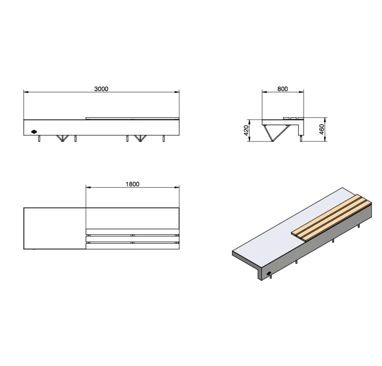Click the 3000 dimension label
tap(101, 89)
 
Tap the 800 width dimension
tap(283, 89)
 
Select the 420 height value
tap(246, 131)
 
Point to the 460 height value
tap(321, 129)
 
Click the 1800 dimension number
tap(132, 184)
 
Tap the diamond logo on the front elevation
tap(34, 132)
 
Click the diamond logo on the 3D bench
tap(269, 273)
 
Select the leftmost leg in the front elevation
tap(39, 138)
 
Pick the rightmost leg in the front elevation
tap(163, 138)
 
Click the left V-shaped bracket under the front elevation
tap(63, 138)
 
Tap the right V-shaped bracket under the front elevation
tap(140, 138)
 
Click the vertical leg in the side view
tap(301, 139)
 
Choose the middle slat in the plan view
tap(132, 239)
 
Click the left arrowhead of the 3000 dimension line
tap(26, 92)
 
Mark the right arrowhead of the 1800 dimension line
tap(177, 187)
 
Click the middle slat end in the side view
tap(293, 118)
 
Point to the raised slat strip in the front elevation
tap(132, 118)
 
